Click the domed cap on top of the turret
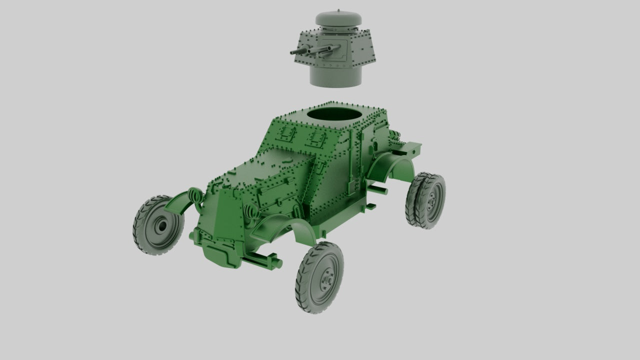338,20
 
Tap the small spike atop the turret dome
339,10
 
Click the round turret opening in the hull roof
334,115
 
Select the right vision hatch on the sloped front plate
315,138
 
